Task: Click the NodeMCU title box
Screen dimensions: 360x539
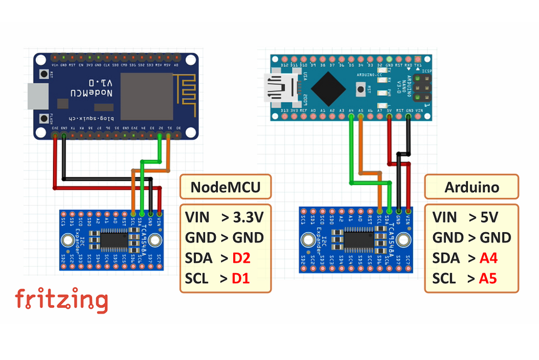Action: click(x=225, y=187)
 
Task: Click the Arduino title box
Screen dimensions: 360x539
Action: click(x=472, y=187)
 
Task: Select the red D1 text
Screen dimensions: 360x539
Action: click(x=240, y=278)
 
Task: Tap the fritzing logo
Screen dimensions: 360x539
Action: click(x=62, y=300)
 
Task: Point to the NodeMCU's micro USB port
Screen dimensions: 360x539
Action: click(x=37, y=96)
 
